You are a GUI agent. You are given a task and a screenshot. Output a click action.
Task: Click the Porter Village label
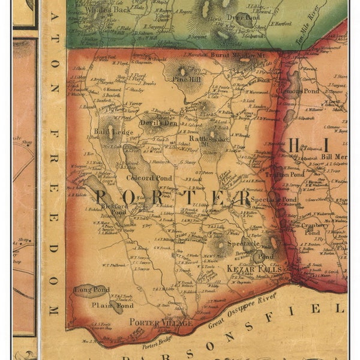[161, 322]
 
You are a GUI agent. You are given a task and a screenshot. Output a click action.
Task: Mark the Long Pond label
[86, 290]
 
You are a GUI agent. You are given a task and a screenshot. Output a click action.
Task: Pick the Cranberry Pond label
[312, 228]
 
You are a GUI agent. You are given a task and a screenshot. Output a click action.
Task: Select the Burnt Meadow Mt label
[239, 55]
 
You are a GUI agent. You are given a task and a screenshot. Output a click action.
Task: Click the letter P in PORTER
[103, 198]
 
